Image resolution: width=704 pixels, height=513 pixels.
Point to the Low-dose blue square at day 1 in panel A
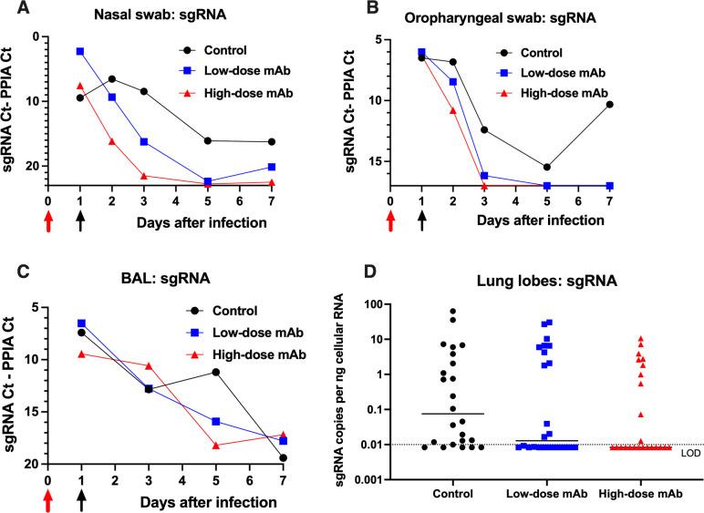coord(81,52)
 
